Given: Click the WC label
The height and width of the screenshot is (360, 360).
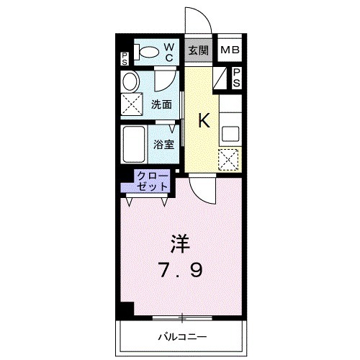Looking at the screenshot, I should click(x=170, y=52).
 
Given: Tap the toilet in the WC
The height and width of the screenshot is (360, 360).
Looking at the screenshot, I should click(x=147, y=52).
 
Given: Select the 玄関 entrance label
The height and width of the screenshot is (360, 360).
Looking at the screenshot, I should click(x=199, y=50).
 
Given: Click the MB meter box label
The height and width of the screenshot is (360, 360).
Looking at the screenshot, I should click(x=230, y=50).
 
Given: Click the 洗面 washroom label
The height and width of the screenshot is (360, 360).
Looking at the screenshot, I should click(x=161, y=104).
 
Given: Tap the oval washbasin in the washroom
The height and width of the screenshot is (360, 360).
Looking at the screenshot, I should click(x=130, y=81).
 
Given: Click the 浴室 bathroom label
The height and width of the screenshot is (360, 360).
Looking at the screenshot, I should click(x=163, y=143).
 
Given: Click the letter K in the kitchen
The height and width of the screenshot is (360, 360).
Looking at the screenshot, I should click(x=204, y=121).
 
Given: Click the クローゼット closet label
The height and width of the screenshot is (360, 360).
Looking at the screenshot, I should click(x=153, y=181).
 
